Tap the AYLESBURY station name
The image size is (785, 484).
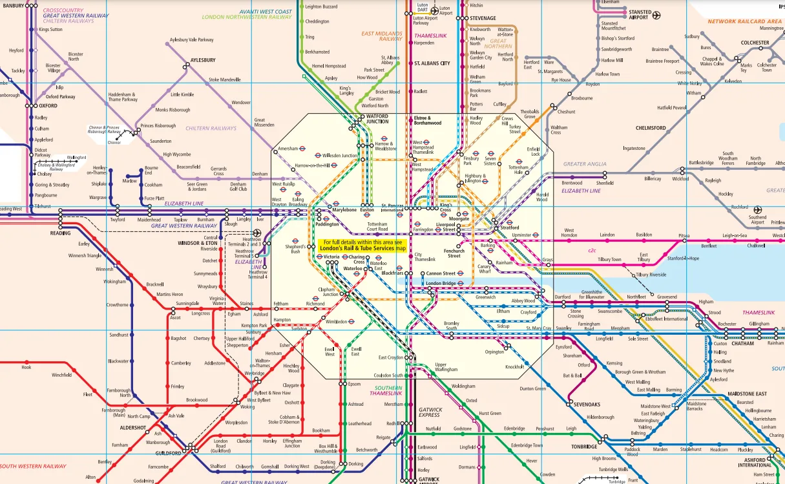[203, 60]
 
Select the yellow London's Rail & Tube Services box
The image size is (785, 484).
[365, 245]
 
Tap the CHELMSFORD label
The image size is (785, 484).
[651, 128]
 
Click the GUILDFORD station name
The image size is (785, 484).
[168, 453]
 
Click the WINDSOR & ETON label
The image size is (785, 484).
[198, 242]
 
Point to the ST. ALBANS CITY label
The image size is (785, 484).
[432, 63]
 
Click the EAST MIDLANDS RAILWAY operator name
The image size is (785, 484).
[382, 36]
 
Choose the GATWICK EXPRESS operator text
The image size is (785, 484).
[430, 412]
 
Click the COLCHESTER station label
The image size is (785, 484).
[755, 43]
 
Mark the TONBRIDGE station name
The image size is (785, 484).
[583, 447]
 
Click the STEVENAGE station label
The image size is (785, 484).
[483, 18]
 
